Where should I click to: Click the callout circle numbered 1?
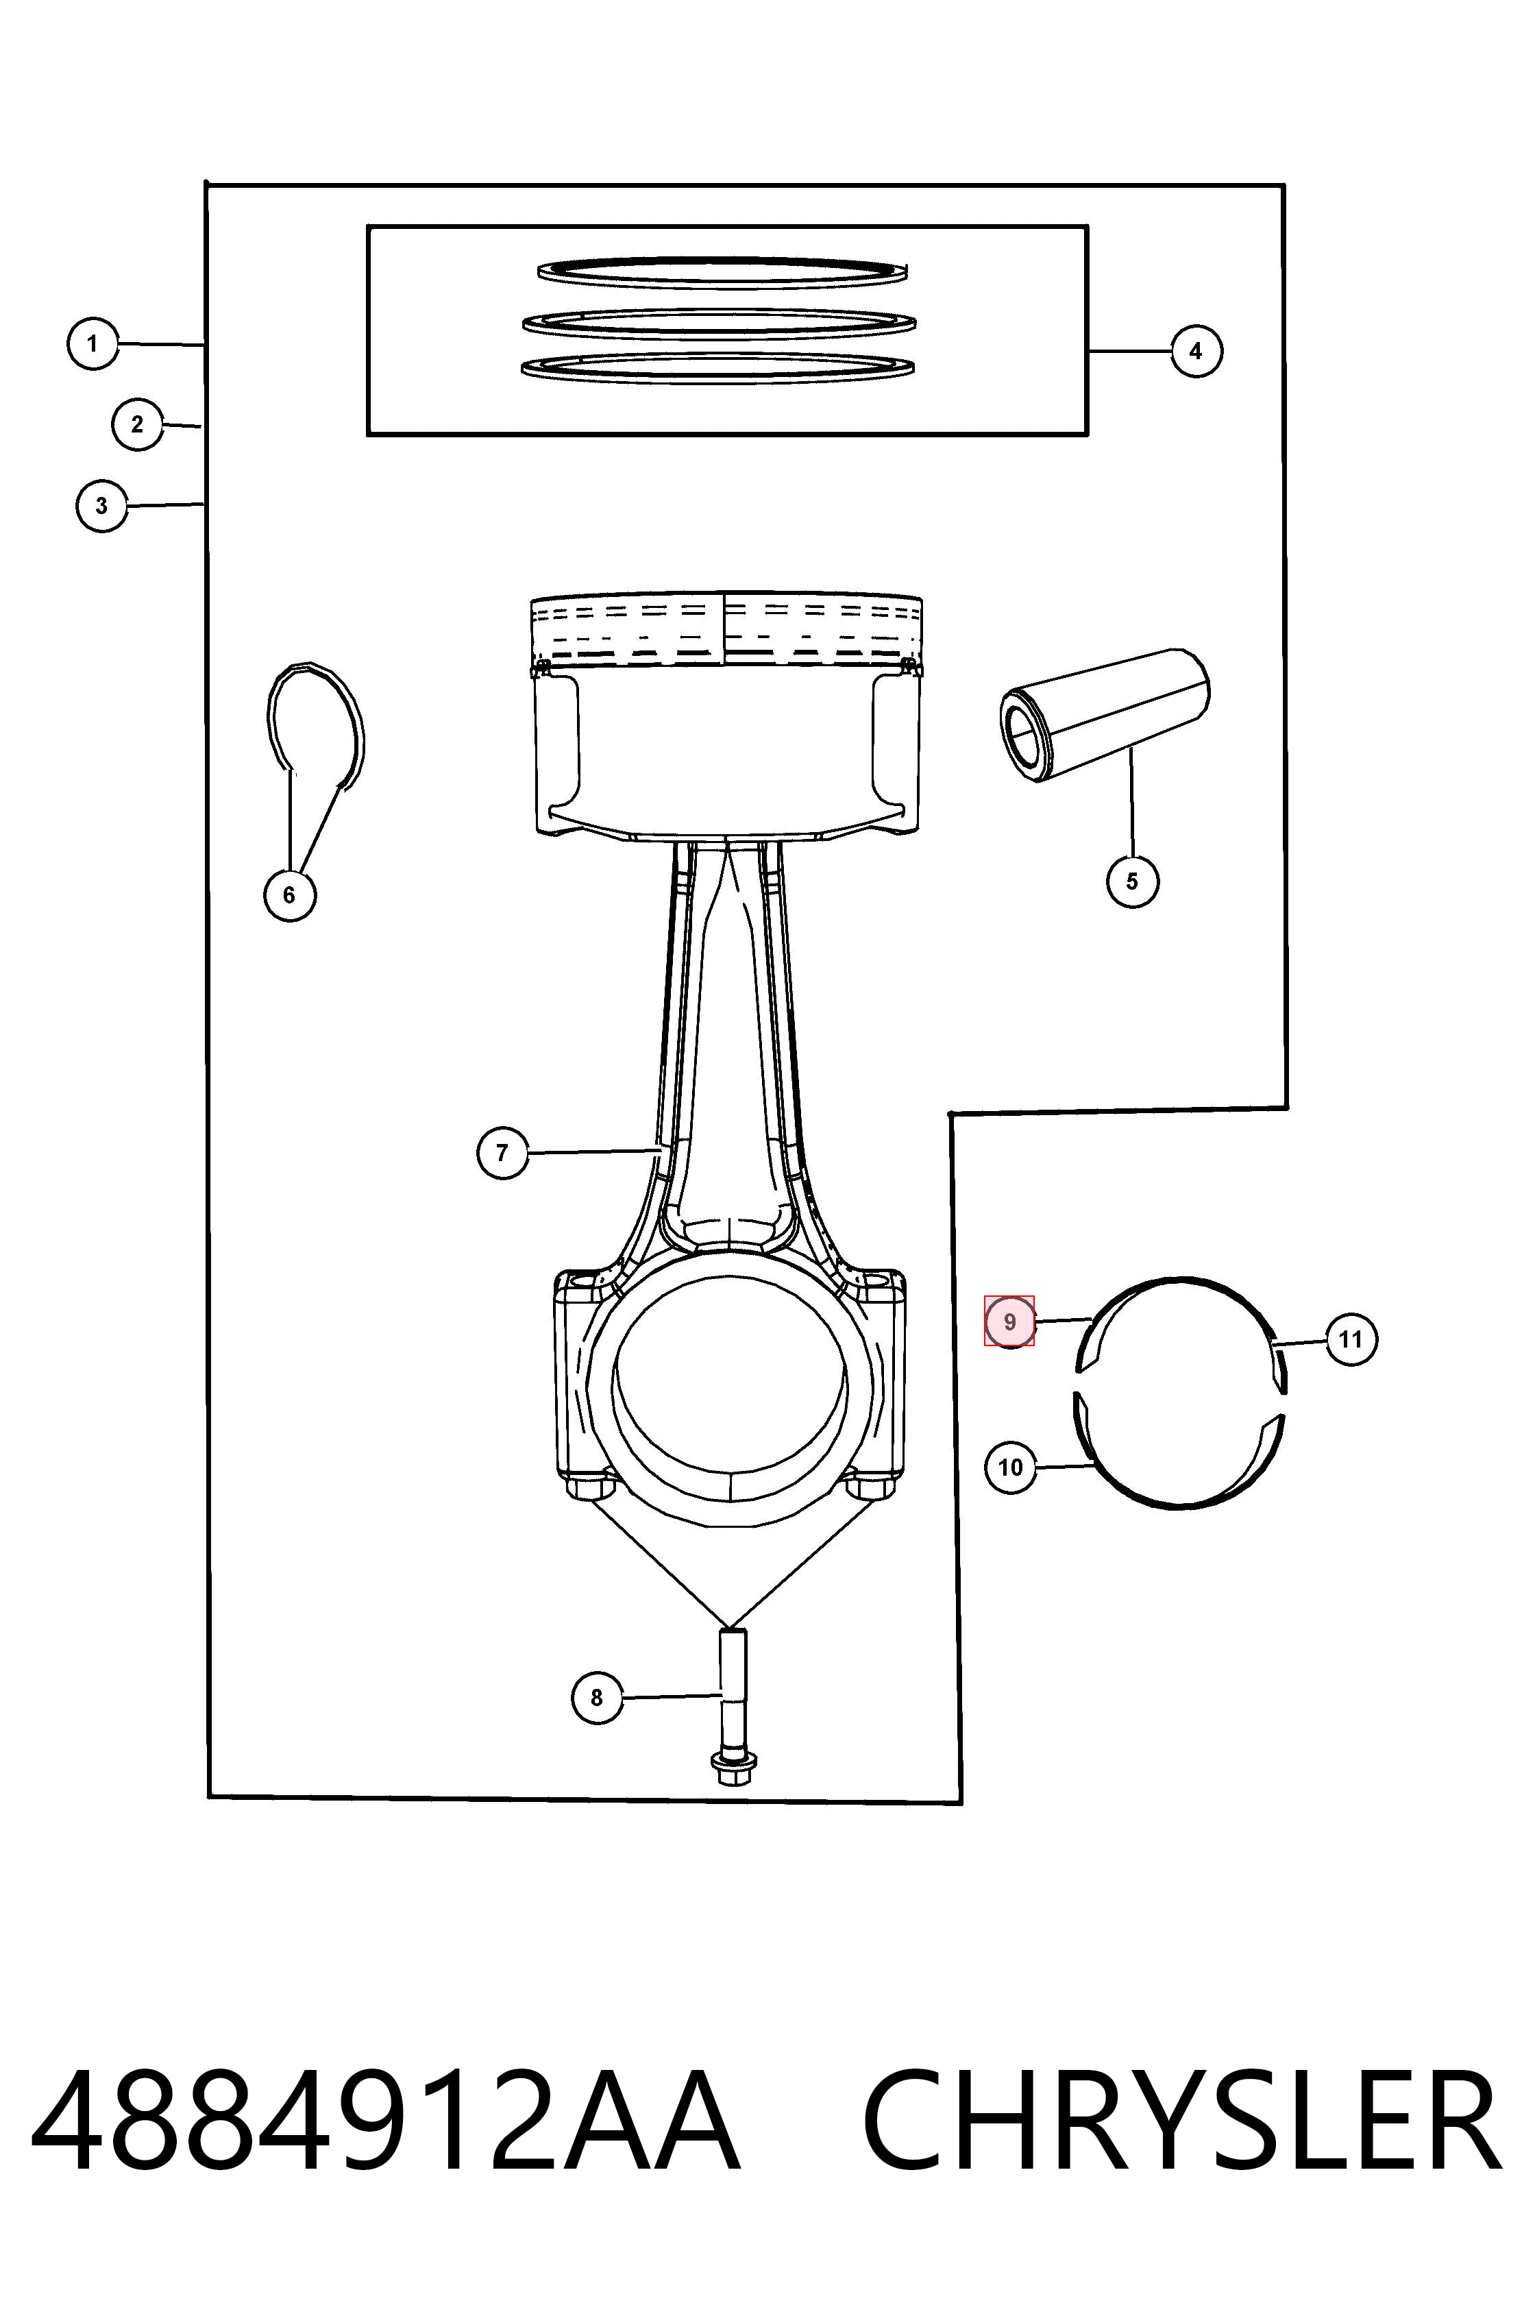point(93,343)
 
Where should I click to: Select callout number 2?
point(137,424)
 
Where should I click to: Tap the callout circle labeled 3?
point(102,507)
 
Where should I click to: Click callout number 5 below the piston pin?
point(1133,881)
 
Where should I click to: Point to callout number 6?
point(290,895)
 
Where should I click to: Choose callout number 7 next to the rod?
point(502,1152)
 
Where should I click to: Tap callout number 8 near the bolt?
point(597,1697)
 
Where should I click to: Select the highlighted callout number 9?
point(1009,1322)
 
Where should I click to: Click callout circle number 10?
point(1010,1467)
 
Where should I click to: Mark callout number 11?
point(1351,1339)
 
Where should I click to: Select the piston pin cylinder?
point(1104,714)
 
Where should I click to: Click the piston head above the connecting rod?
point(726,715)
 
